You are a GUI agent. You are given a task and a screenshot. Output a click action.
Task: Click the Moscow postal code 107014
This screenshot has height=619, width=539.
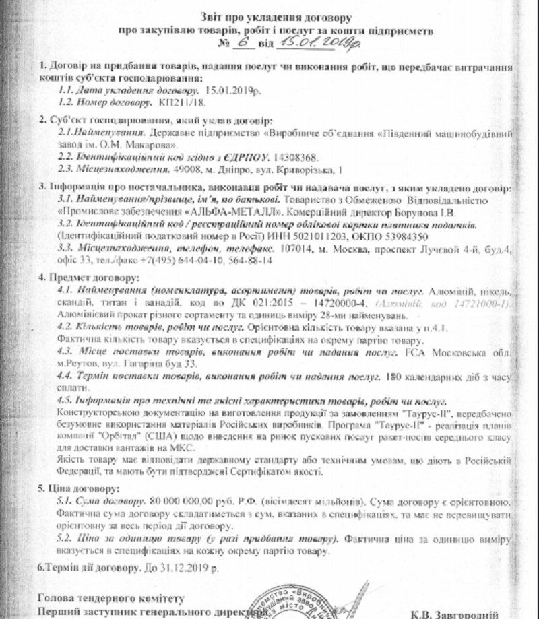tap(295, 249)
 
